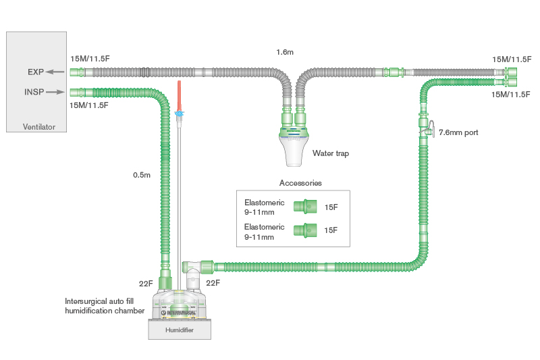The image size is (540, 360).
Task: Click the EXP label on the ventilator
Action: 36,72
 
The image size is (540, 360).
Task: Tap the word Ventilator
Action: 39,126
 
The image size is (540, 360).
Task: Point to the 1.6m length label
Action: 285,51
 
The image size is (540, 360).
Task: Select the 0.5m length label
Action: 142,175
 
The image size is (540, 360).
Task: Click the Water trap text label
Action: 330,153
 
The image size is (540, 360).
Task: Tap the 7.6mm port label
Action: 458,133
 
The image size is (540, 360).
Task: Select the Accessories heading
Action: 300,183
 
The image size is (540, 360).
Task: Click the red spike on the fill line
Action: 179,95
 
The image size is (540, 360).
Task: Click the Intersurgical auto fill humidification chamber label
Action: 105,306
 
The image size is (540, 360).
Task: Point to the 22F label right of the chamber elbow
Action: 213,282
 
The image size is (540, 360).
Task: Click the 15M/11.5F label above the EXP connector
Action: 89,59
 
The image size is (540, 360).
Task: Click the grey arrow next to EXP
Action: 55,72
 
